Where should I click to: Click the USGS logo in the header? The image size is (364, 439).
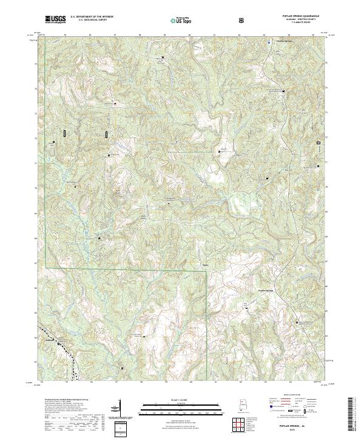click(56, 20)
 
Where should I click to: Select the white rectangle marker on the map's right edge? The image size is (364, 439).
click(318, 144)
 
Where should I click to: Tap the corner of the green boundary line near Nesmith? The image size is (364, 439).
click(207, 271)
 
